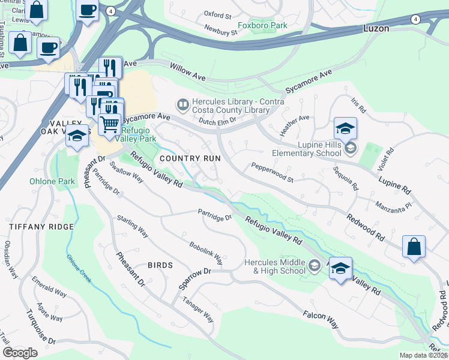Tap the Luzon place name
[x=376, y=28]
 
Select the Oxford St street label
[x=217, y=14]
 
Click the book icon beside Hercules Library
[x=182, y=105]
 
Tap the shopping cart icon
[x=109, y=125]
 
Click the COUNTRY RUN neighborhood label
[x=190, y=158]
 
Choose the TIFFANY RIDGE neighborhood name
[x=41, y=227]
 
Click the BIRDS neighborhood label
[x=160, y=265]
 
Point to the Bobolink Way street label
[x=206, y=254]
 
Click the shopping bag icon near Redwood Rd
[x=414, y=247]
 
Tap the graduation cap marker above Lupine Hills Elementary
[x=345, y=128]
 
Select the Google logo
[x=20, y=353]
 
